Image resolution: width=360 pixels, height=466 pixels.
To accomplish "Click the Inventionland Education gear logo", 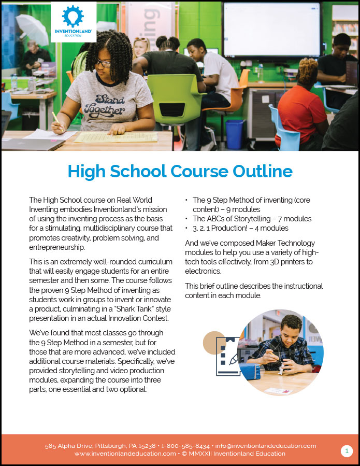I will click(x=73, y=17).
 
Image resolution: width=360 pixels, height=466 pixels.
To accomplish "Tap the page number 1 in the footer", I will click(x=347, y=451).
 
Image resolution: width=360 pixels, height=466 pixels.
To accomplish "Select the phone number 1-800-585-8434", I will click(x=185, y=446).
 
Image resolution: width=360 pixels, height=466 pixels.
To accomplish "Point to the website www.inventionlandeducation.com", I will click(x=125, y=454).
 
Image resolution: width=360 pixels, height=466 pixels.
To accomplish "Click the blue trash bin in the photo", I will click(x=235, y=134).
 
